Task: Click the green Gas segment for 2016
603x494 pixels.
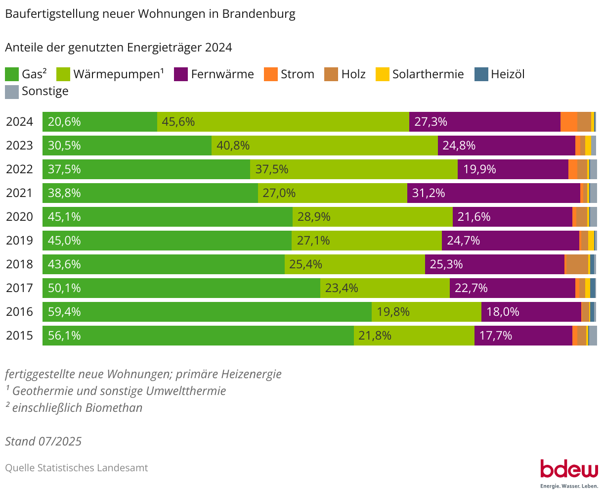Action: (x=208, y=312)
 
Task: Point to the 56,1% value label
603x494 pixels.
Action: (x=64, y=336)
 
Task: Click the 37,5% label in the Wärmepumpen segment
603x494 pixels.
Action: (x=272, y=169)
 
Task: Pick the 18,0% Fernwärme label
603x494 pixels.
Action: (x=503, y=312)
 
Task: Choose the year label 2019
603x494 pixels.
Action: (x=19, y=241)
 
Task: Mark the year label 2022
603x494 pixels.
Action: (x=19, y=169)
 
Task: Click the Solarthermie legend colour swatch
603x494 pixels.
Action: (x=383, y=75)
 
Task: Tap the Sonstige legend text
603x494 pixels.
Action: (x=45, y=92)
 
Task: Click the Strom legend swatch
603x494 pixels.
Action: (x=271, y=75)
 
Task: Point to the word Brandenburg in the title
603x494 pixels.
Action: (x=258, y=14)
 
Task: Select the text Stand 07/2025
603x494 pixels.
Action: (x=43, y=441)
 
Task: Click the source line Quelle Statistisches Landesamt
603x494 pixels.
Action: (x=77, y=468)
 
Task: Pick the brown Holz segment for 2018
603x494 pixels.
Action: (x=576, y=264)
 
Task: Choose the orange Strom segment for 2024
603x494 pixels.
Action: (x=568, y=122)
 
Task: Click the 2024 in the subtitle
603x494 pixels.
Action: (x=218, y=48)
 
